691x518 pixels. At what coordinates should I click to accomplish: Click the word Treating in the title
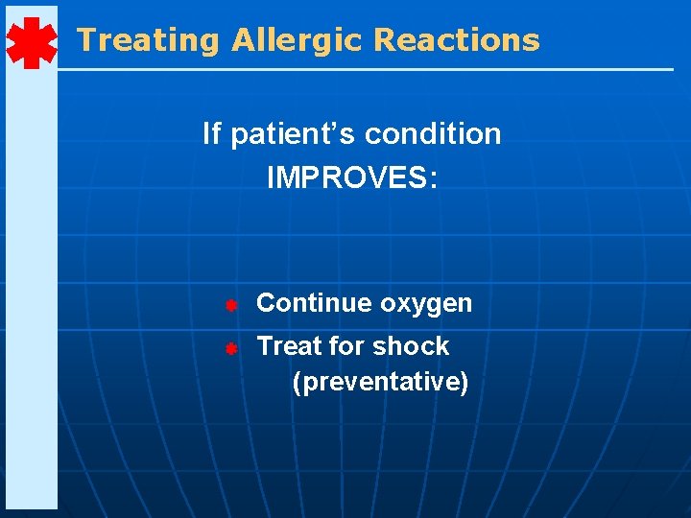149,40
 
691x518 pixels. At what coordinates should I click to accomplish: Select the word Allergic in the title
298,40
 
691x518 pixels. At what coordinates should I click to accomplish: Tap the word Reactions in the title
456,40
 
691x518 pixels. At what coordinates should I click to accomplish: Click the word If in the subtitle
211,133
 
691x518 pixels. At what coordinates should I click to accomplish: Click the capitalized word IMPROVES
345,178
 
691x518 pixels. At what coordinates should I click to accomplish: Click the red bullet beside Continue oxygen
231,305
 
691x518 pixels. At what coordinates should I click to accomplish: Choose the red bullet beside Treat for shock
231,348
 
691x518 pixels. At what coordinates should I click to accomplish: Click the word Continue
315,303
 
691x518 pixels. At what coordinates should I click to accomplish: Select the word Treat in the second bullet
285,345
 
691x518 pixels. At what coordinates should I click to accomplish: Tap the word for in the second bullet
341,345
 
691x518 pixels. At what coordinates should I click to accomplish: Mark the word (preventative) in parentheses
380,383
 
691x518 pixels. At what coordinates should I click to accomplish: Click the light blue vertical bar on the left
31,288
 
